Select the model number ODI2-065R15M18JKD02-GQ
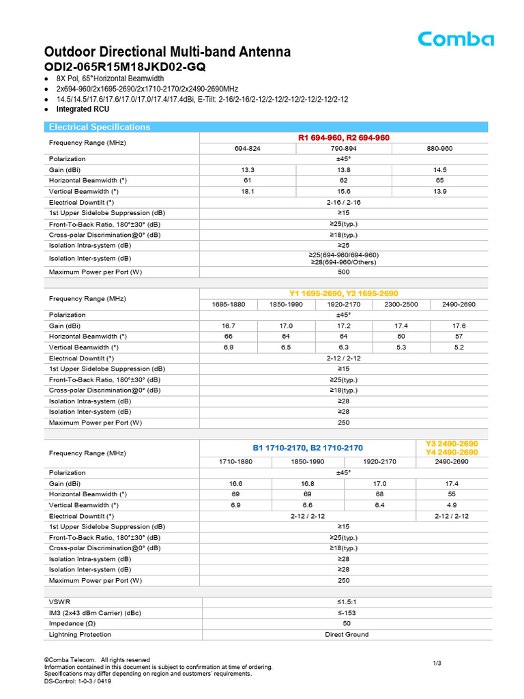click(x=125, y=67)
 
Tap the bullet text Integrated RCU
click(x=83, y=109)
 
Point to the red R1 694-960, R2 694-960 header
click(x=343, y=138)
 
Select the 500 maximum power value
click(x=343, y=272)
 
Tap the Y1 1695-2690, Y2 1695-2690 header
click(x=343, y=294)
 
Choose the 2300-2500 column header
click(x=401, y=304)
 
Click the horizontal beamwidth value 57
click(x=459, y=337)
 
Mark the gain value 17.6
click(x=459, y=326)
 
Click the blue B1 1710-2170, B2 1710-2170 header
click(x=308, y=448)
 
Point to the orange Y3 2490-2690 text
click(x=452, y=444)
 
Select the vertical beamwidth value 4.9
click(x=452, y=505)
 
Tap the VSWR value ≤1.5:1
click(x=346, y=601)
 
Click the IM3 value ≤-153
click(x=346, y=612)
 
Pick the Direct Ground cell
click(x=346, y=634)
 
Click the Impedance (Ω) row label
click(x=76, y=623)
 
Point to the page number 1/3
click(x=437, y=664)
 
